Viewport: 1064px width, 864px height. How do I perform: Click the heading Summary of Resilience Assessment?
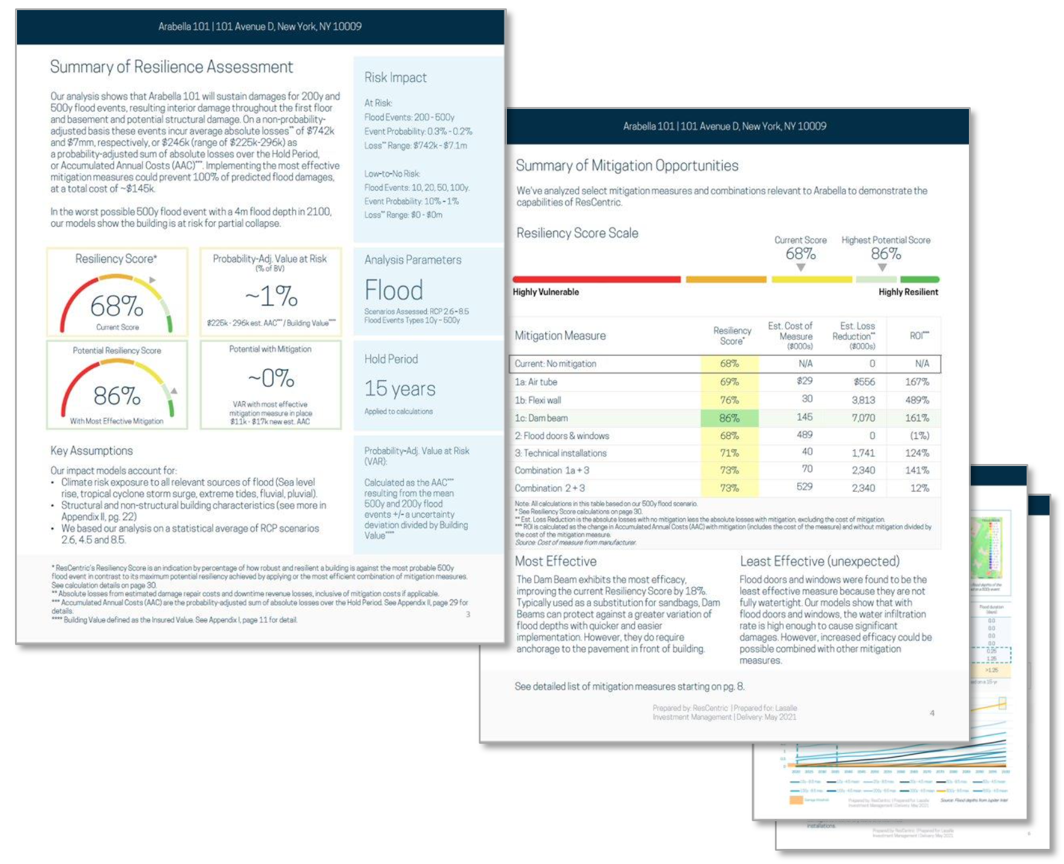(x=171, y=67)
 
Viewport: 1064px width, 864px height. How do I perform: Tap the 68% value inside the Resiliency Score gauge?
(x=116, y=306)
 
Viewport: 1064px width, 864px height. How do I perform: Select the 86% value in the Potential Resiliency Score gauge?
(x=116, y=395)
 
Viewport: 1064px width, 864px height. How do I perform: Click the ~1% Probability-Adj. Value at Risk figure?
(x=271, y=296)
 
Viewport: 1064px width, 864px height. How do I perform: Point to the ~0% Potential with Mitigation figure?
(x=271, y=378)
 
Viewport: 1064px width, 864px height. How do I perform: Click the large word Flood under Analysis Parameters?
(x=393, y=290)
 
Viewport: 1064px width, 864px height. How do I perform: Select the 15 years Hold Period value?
(x=400, y=389)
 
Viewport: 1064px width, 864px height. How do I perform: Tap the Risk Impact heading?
(x=395, y=77)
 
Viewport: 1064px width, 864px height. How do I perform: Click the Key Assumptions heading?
(x=91, y=451)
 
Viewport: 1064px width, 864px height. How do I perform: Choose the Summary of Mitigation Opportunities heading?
(x=627, y=166)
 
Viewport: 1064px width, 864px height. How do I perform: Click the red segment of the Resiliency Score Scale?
(x=596, y=279)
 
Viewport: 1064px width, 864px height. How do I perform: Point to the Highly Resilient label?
(x=908, y=292)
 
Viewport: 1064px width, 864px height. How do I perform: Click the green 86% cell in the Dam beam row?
(x=729, y=418)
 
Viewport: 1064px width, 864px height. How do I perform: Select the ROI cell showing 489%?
(x=917, y=400)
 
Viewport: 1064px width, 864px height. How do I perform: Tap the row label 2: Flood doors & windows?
(x=562, y=436)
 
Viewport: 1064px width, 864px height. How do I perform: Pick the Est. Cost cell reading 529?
(x=804, y=487)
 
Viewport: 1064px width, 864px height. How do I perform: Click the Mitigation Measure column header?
(x=560, y=336)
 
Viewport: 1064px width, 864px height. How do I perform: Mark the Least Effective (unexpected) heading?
(x=819, y=561)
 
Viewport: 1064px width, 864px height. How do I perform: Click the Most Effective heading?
(x=555, y=561)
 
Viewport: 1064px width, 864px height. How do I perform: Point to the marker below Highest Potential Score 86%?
(x=883, y=268)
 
